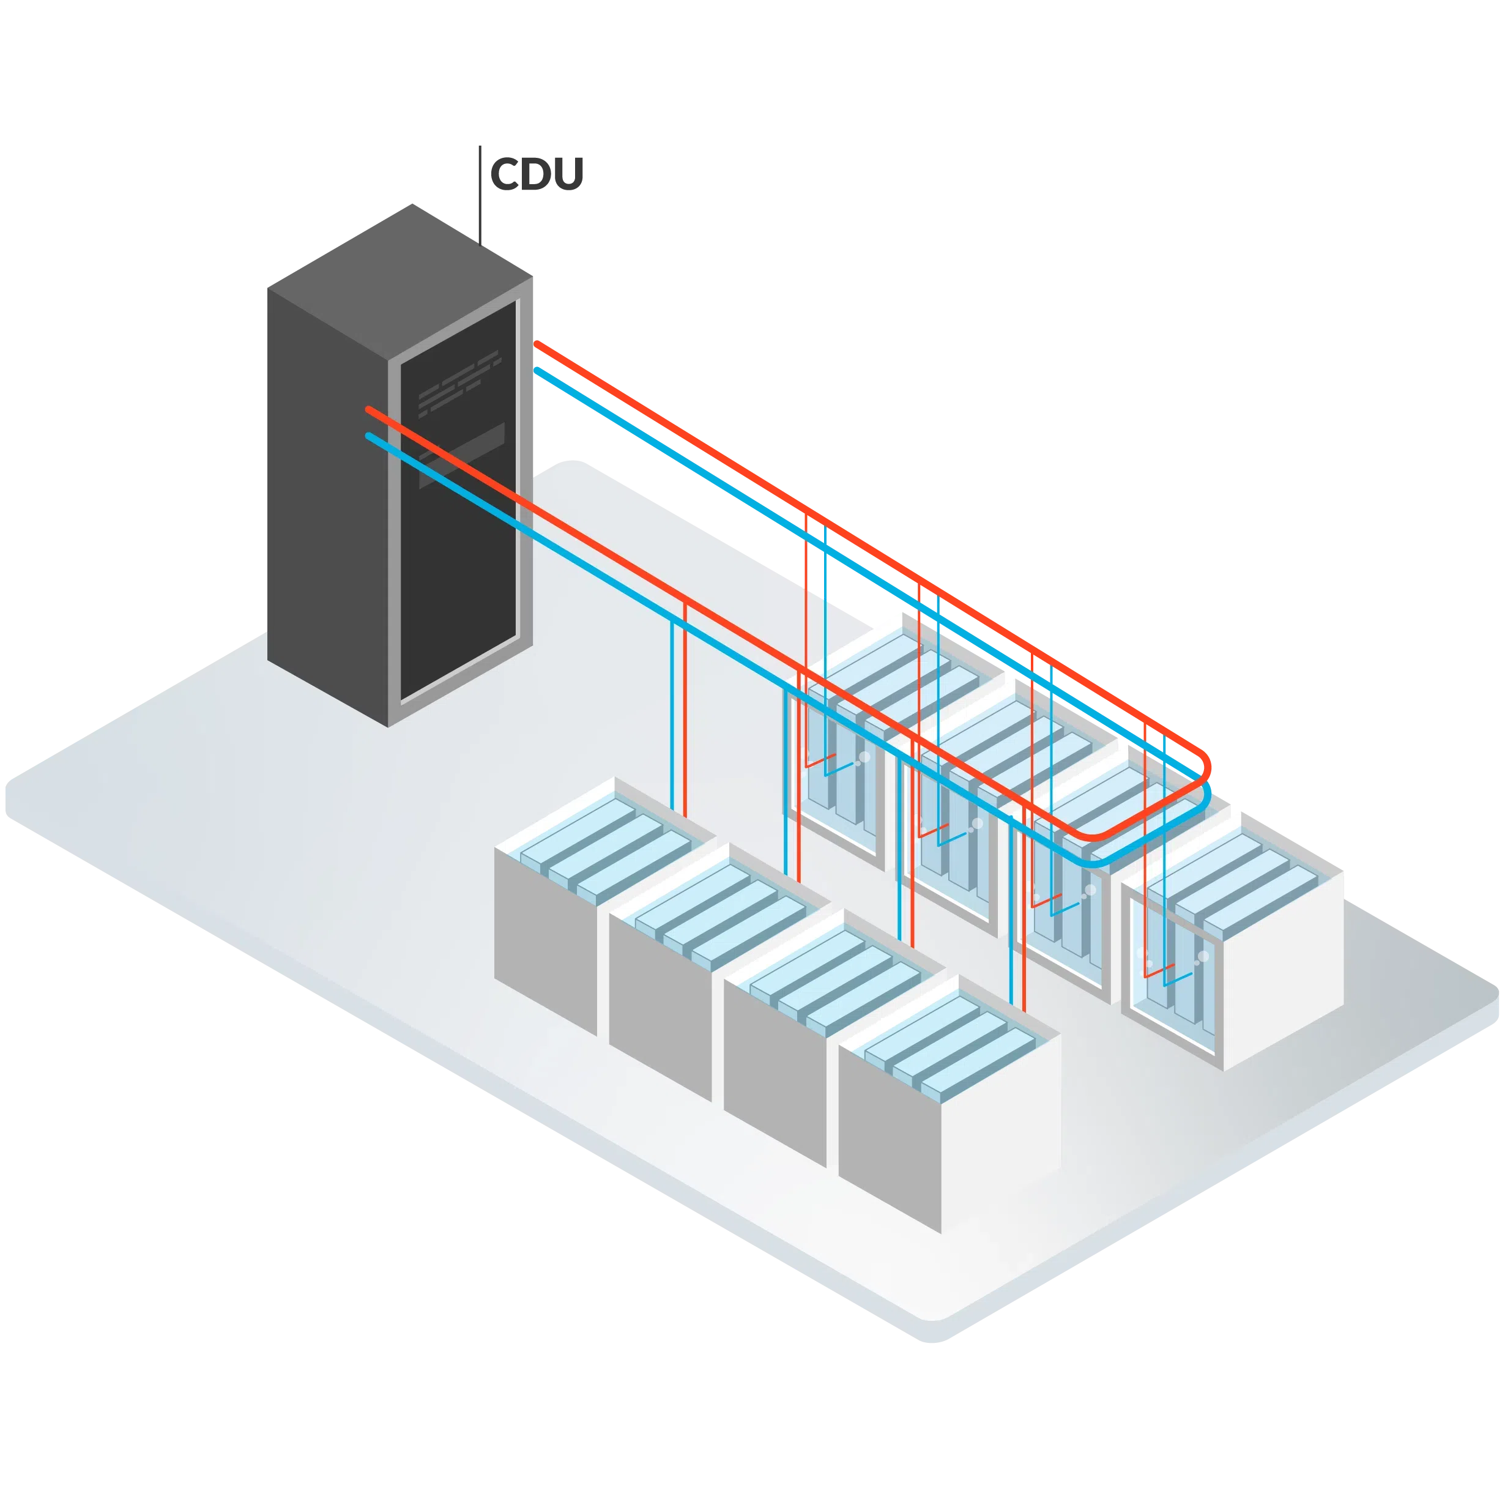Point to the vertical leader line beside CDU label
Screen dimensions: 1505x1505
point(481,191)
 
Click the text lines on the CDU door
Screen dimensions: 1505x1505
point(458,380)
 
